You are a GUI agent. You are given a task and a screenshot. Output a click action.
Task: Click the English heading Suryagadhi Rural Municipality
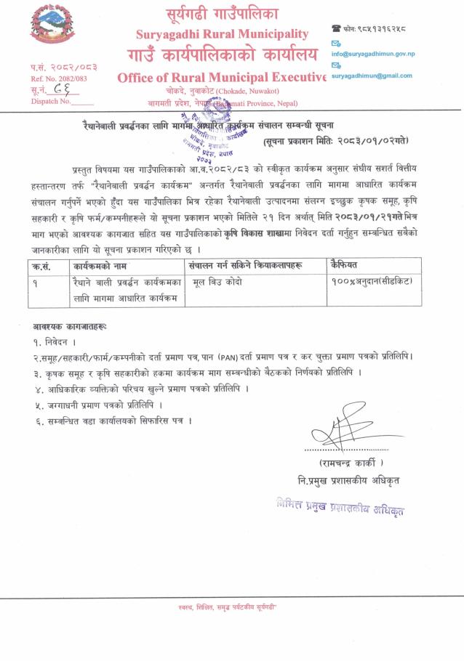(x=222, y=34)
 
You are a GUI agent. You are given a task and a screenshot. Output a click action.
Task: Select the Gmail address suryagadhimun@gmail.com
(x=372, y=76)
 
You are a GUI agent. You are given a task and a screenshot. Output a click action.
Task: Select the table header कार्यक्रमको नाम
(x=100, y=266)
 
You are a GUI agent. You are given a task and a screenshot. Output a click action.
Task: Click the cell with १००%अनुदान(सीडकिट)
(x=370, y=281)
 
